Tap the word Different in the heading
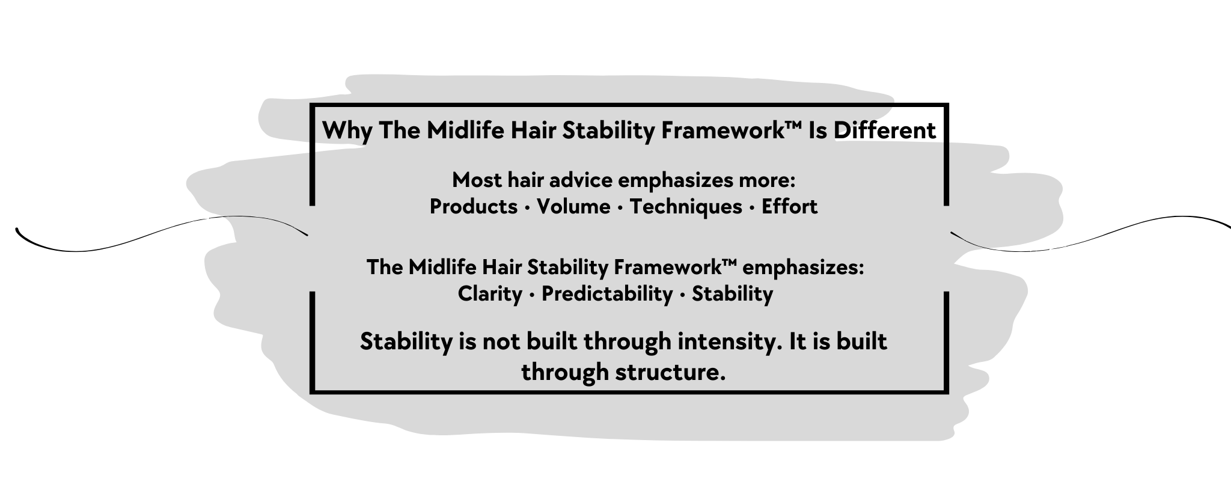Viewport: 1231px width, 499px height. pos(884,130)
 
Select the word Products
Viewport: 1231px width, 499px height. pos(473,207)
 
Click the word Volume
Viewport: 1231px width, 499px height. pos(573,207)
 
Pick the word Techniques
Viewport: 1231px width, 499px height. pos(686,207)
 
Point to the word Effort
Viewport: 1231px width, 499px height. pos(789,207)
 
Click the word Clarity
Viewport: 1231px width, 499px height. pos(490,294)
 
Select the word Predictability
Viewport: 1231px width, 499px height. pos(607,294)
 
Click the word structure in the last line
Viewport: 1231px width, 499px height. pos(667,372)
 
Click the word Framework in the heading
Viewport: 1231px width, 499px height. pos(728,130)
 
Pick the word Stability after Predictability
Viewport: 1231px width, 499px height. pos(732,294)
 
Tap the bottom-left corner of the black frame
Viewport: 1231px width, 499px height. pos(313,392)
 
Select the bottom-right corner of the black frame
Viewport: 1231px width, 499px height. pos(946,392)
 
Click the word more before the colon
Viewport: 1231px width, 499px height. pos(772,180)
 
